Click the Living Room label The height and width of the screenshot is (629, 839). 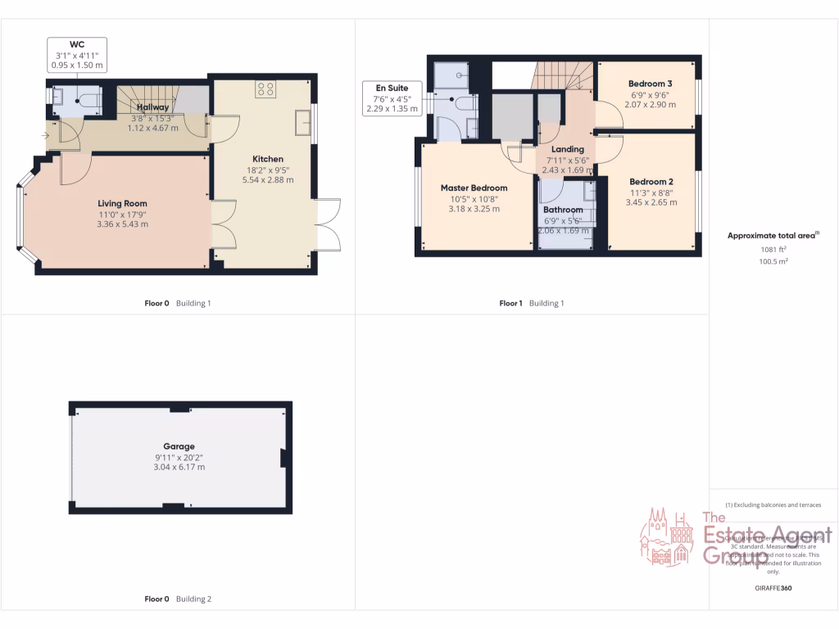(x=122, y=203)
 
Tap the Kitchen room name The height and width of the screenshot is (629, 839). (x=268, y=159)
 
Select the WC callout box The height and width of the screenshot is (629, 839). (x=78, y=54)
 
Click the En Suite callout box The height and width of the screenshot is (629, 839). (x=392, y=97)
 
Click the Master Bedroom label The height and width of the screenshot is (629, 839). (x=474, y=188)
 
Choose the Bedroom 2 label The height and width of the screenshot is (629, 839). (x=651, y=182)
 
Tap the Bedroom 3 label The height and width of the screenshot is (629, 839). (x=651, y=84)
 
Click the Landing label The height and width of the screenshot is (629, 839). (x=567, y=149)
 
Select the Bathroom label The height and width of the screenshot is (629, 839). (x=563, y=210)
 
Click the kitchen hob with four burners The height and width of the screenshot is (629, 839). (x=265, y=88)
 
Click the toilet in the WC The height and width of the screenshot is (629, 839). (x=90, y=99)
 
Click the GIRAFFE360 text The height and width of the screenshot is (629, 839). (x=773, y=588)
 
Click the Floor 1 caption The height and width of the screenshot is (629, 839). (x=511, y=303)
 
